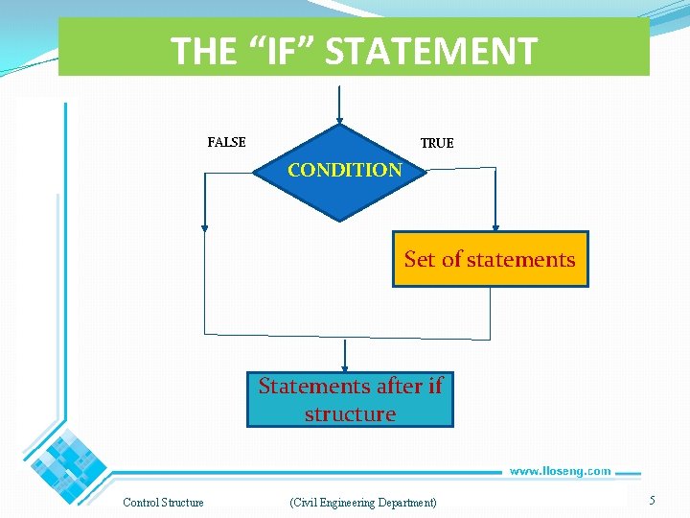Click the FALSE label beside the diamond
pyautogui.click(x=226, y=142)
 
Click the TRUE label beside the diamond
pyautogui.click(x=437, y=143)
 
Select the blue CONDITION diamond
pyautogui.click(x=341, y=173)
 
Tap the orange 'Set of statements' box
pyautogui.click(x=490, y=259)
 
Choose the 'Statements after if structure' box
pyautogui.click(x=350, y=400)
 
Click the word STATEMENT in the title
pyautogui.click(x=431, y=51)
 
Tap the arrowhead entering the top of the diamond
pyautogui.click(x=339, y=121)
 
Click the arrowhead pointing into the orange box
pyautogui.click(x=495, y=227)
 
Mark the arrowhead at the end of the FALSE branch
pyautogui.click(x=204, y=227)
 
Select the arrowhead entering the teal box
pyautogui.click(x=346, y=367)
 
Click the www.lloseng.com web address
pyautogui.click(x=560, y=471)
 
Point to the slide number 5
pyautogui.click(x=652, y=500)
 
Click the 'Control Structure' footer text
pyautogui.click(x=163, y=503)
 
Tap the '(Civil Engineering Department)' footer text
pyautogui.click(x=362, y=503)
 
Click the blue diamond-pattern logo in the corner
pyautogui.click(x=67, y=458)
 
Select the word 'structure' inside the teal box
pyautogui.click(x=350, y=414)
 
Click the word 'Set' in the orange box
pyautogui.click(x=419, y=259)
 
